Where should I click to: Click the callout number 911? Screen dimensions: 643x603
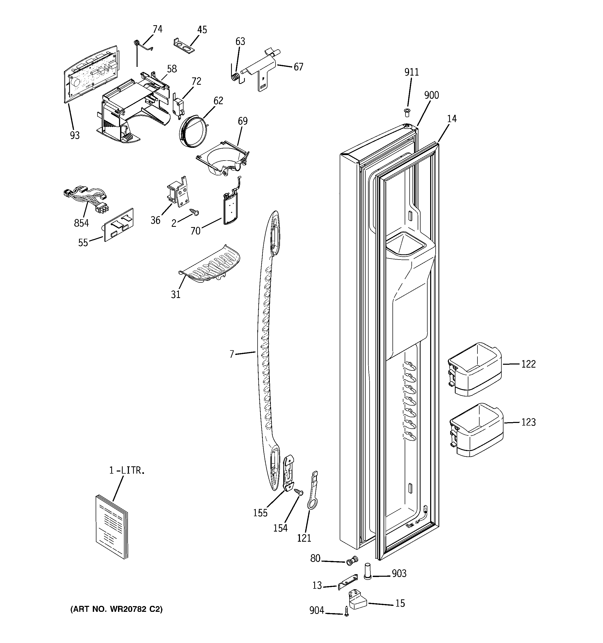click(411, 72)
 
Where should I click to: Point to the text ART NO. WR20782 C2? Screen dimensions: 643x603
click(116, 609)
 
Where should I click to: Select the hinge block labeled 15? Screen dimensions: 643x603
click(357, 599)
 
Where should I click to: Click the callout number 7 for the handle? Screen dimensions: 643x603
click(231, 354)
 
